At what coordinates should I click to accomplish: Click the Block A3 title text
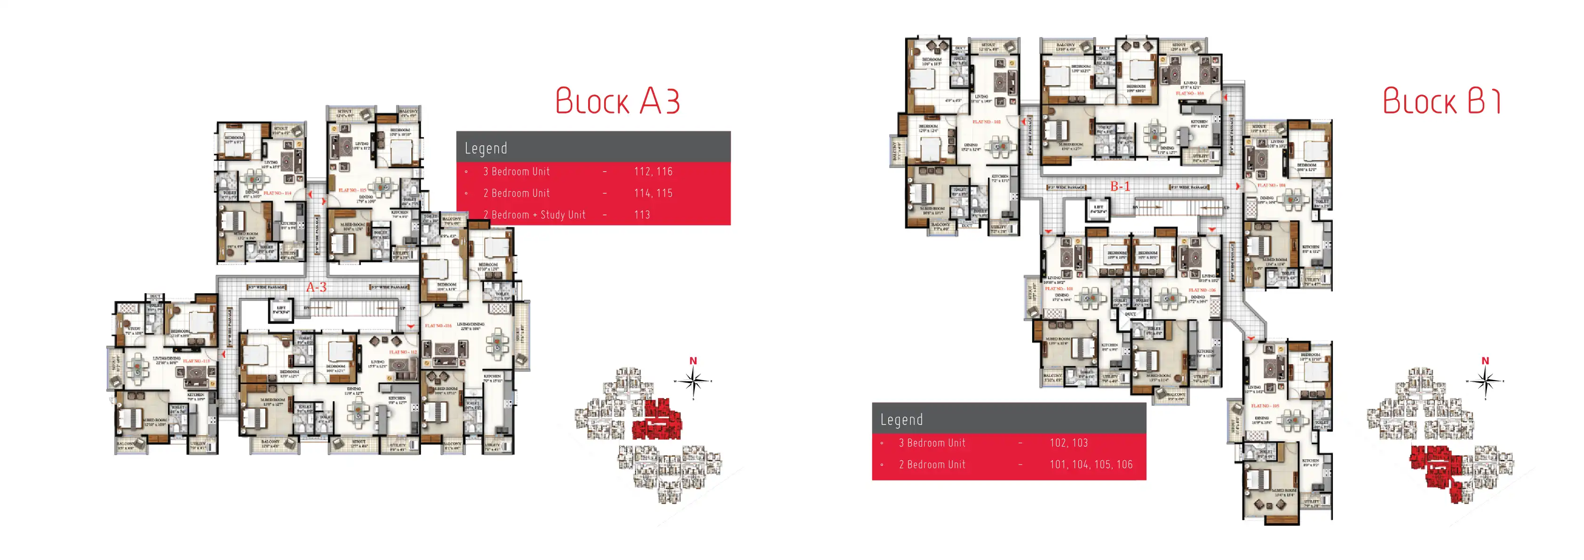coord(617,102)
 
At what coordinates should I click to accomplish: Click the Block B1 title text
coord(1442,102)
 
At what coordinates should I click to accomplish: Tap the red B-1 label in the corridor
coord(1120,186)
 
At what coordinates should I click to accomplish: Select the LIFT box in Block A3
coord(281,310)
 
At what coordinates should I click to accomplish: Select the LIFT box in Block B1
coord(1098,209)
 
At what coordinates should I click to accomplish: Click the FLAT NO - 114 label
coord(277,193)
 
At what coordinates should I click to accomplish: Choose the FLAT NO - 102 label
coord(987,122)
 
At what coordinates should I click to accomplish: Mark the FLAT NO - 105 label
coord(1265,406)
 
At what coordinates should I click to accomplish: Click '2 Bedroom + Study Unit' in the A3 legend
coord(534,215)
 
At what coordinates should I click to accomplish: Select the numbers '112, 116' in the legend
coord(653,172)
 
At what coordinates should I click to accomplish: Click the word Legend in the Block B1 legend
coord(901,420)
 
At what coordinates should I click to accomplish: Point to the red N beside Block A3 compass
coord(693,361)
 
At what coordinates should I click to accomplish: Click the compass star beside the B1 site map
coord(1485,382)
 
